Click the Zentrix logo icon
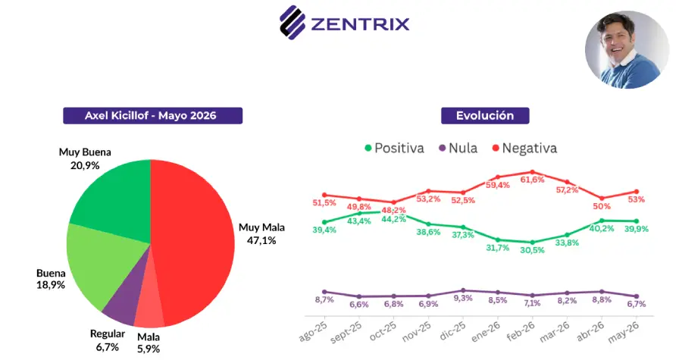[x=293, y=23]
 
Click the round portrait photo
[x=627, y=49]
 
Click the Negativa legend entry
[x=524, y=149]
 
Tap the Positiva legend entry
[x=394, y=149]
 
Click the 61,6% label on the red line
[x=533, y=180]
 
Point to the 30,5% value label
[x=533, y=250]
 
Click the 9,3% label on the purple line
[x=463, y=299]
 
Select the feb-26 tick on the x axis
[x=521, y=332]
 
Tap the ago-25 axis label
[x=313, y=332]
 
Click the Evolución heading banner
[x=485, y=116]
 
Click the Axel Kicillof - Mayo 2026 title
[x=152, y=116]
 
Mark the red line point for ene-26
[x=498, y=177]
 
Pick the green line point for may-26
[x=637, y=221]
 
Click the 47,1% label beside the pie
[x=261, y=240]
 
